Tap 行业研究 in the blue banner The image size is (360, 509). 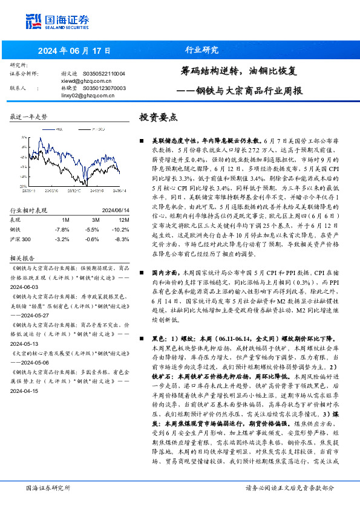(201, 50)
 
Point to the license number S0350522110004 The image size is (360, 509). (104, 73)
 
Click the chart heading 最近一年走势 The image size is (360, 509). (29, 116)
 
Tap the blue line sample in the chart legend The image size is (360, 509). (51, 128)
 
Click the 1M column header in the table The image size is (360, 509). (65, 219)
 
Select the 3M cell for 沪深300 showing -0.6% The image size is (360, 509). (93, 239)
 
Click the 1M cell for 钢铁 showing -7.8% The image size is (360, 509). (62, 230)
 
